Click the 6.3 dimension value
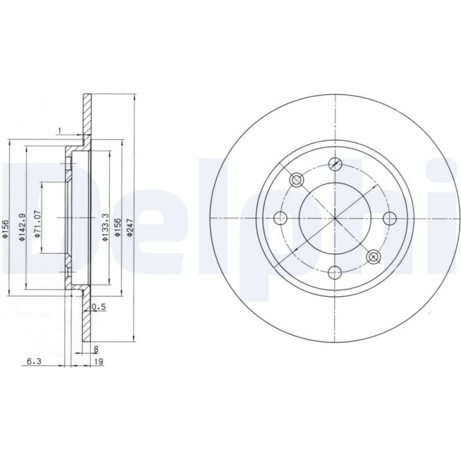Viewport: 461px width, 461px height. [x=34, y=361]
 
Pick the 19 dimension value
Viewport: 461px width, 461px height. [x=99, y=361]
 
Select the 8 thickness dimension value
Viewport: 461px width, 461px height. [x=96, y=349]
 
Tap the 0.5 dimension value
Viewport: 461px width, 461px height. [x=99, y=307]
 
